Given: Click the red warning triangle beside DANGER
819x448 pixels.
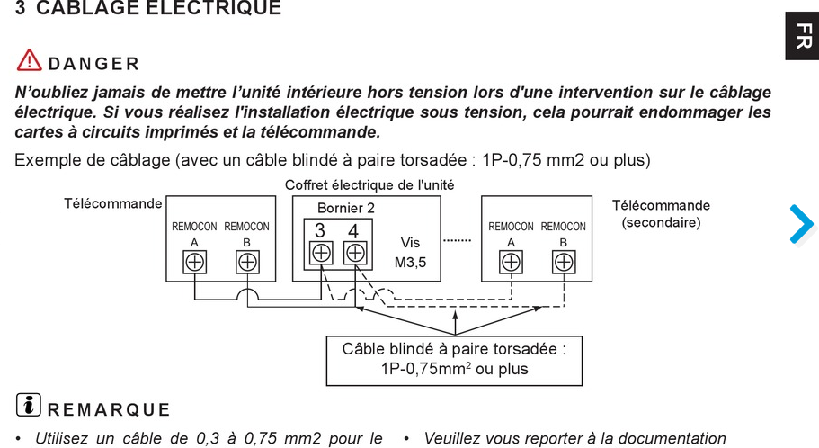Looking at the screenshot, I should click(x=29, y=61).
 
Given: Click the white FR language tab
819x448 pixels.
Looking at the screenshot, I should click(x=802, y=36).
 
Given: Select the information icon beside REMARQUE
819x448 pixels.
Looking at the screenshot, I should click(x=28, y=406).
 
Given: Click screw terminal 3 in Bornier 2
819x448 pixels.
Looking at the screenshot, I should click(x=321, y=253).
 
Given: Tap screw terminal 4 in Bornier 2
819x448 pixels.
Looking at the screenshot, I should click(x=355, y=253).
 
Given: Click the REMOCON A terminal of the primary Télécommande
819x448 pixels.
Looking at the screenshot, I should click(x=194, y=262).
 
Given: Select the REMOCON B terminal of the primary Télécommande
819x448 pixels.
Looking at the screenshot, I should click(x=246, y=262).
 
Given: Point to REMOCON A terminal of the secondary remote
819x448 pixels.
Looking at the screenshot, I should click(x=511, y=262).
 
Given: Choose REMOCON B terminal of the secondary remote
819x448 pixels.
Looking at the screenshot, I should click(x=563, y=262).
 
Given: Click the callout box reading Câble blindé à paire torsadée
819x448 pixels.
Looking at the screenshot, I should click(x=454, y=359).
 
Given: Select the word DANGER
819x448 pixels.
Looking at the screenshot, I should click(x=93, y=64).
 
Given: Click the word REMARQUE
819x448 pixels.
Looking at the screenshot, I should click(x=108, y=410).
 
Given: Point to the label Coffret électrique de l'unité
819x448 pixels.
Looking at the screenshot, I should click(x=369, y=184).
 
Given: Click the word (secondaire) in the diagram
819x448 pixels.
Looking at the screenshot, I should click(x=661, y=221).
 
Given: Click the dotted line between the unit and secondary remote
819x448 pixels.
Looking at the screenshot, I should click(x=458, y=241).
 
